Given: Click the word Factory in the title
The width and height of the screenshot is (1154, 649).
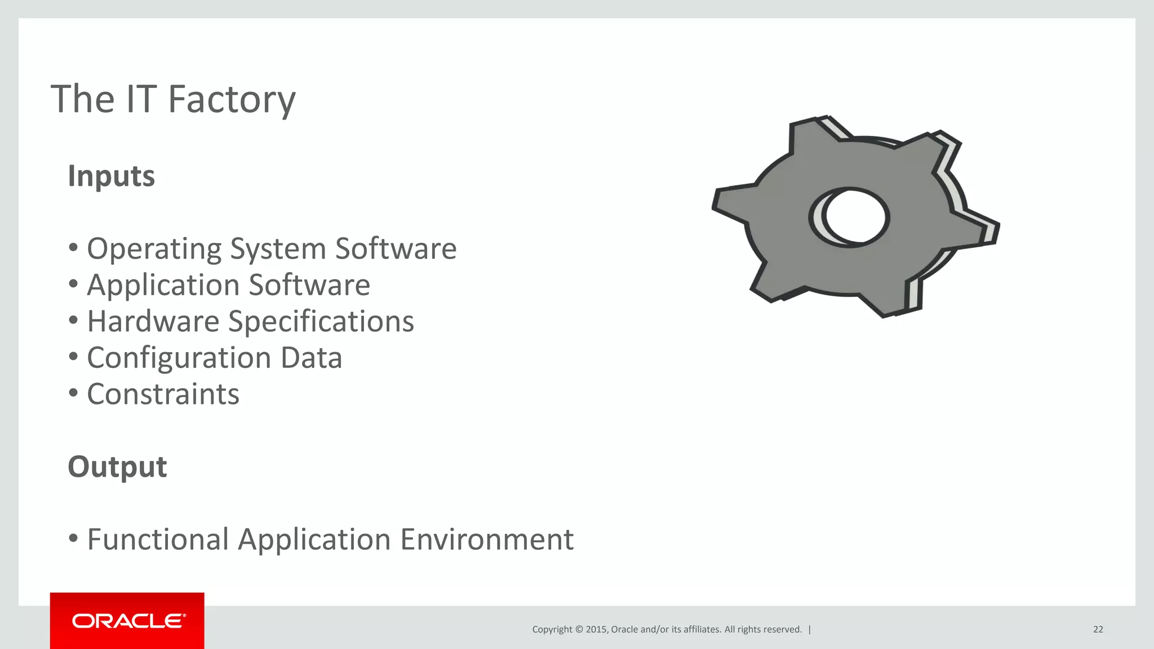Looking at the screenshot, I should coord(232,100).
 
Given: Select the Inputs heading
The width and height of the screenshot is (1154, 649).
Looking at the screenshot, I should coord(111,176).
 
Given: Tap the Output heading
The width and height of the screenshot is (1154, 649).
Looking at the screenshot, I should coord(117,467).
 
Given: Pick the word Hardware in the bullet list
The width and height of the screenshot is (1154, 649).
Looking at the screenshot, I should coord(153,322).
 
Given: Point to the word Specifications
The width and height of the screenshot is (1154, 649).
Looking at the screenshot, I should coord(321,322).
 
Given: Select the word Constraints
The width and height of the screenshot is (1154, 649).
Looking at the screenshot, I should coord(163,394).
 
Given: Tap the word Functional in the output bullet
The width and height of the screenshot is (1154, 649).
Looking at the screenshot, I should coord(158,539).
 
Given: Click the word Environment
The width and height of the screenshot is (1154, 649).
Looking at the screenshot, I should coord(487,539).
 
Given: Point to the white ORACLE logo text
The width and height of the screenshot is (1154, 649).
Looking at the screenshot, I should coord(128,621).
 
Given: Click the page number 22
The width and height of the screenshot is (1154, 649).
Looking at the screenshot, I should coord(1098,629).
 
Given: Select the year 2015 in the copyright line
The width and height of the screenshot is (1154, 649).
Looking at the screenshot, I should coord(596,629).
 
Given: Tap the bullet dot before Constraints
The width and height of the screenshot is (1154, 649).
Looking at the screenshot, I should coord(73,393).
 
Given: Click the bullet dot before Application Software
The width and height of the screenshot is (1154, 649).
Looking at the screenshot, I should coord(73,283).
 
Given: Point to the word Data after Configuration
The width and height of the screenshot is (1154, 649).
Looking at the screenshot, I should coord(311,358).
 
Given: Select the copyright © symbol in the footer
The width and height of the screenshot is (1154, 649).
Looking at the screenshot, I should coord(578,629).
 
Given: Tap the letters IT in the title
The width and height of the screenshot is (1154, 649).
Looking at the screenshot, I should coord(141,100).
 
